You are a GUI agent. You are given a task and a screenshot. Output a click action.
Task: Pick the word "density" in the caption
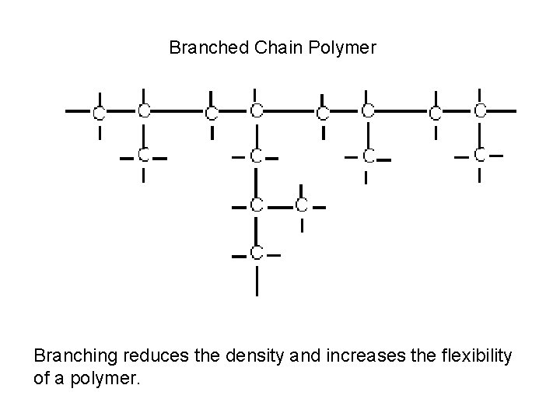click(246, 356)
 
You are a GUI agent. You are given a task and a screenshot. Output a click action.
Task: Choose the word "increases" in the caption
click(338, 356)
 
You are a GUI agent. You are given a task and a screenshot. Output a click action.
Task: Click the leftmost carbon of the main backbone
click(99, 113)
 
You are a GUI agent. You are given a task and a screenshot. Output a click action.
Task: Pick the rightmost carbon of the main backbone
click(480, 111)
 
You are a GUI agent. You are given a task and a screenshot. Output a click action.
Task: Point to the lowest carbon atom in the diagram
click(256, 254)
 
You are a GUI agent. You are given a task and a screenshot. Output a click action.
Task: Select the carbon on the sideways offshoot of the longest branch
click(301, 206)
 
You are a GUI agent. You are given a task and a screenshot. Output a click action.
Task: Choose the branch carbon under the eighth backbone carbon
click(480, 155)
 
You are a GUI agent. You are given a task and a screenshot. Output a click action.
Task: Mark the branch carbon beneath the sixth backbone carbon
click(368, 156)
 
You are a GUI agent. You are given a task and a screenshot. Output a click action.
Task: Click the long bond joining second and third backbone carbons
click(177, 111)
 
